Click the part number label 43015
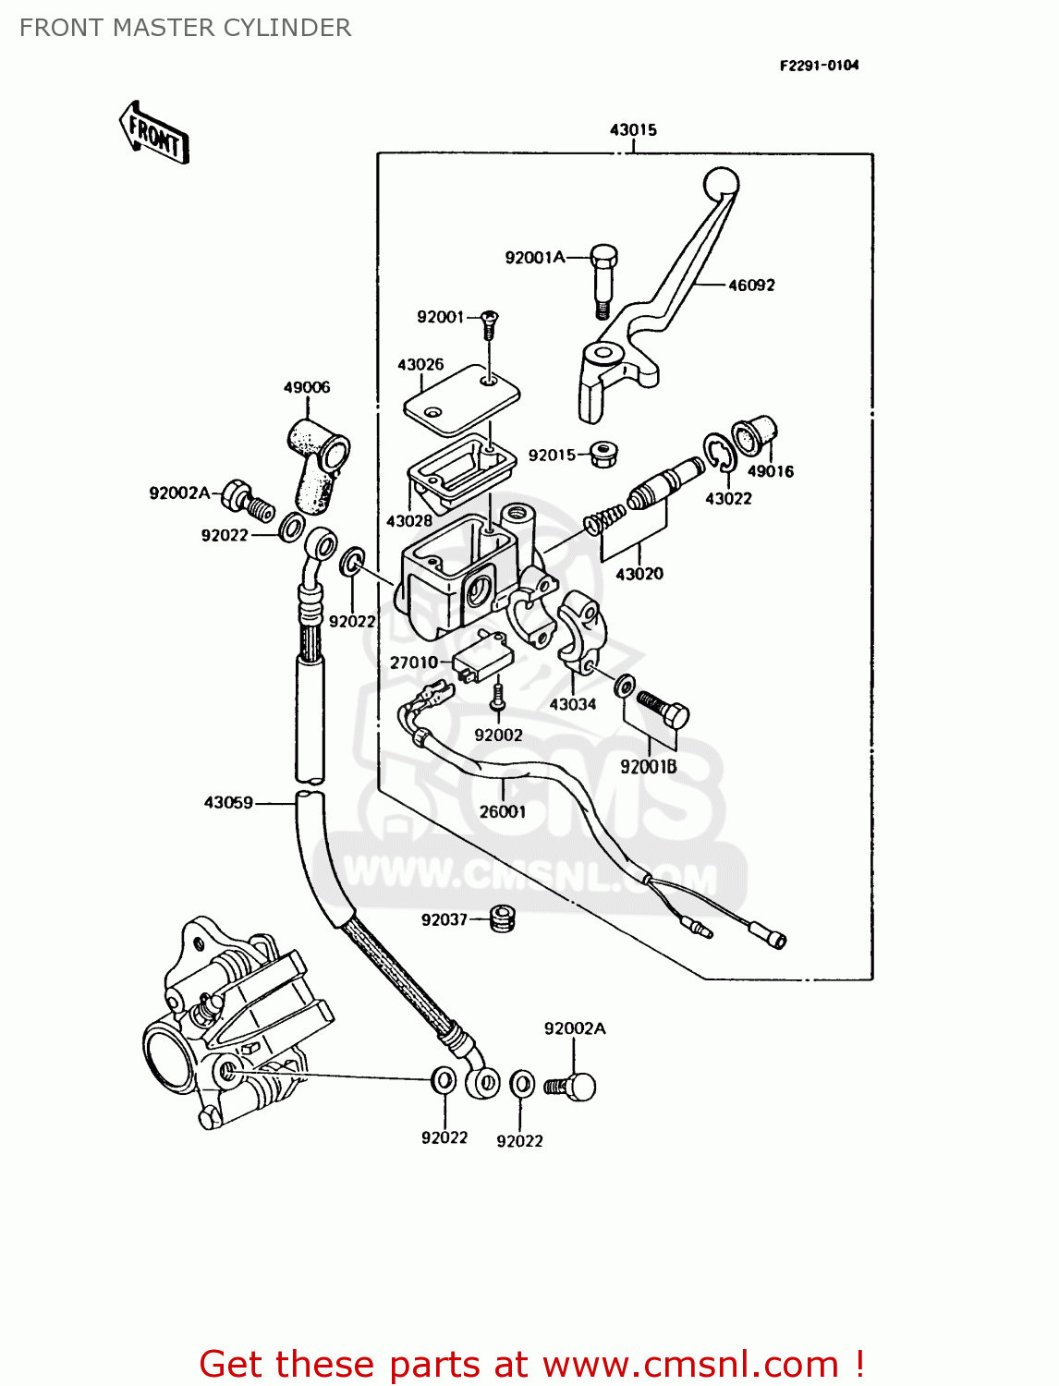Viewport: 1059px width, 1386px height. click(x=633, y=130)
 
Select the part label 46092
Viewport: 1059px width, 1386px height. click(x=751, y=286)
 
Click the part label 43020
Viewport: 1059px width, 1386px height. click(x=639, y=574)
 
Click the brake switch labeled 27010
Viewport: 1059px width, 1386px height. click(x=482, y=656)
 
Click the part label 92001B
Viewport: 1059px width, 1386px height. click(x=648, y=767)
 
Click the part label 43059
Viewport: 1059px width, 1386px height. click(x=228, y=803)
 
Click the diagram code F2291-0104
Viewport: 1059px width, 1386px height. click(x=819, y=66)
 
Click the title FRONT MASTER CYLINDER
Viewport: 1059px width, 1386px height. click(x=185, y=28)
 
